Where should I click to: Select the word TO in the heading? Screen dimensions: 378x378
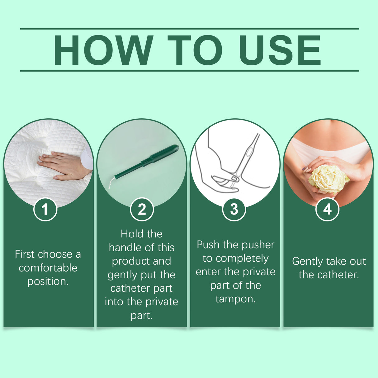pyautogui.click(x=195, y=50)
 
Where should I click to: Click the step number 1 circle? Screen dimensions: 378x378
pyautogui.click(x=45, y=209)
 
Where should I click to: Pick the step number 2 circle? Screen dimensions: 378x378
pyautogui.click(x=142, y=209)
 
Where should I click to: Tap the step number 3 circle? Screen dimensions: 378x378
pyautogui.click(x=234, y=209)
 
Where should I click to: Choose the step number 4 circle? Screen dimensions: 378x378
pyautogui.click(x=327, y=209)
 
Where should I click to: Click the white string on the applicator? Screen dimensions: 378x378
pyautogui.click(x=110, y=184)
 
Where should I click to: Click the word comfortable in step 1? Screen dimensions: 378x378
pyautogui.click(x=48, y=268)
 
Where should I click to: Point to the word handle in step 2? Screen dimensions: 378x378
pyautogui.click(x=126, y=248)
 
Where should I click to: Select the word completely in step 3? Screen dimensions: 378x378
pyautogui.click(x=242, y=258)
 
